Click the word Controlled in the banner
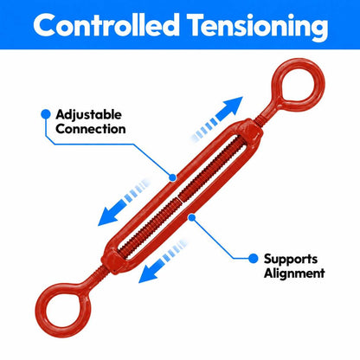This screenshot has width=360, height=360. tap(106, 24)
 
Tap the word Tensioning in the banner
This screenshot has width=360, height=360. tap(259, 27)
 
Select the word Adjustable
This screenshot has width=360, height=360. tap(88, 115)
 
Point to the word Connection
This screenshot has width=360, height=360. tap(91, 129)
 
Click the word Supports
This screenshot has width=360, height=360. tap(291, 260)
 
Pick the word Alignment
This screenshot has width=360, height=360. tap(294, 273)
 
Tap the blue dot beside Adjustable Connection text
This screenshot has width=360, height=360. tap(46, 114)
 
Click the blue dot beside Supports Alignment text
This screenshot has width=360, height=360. tap(253, 259)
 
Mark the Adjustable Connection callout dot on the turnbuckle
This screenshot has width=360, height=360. tap(172, 177)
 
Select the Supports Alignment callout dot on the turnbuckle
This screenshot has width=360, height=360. tap(192, 217)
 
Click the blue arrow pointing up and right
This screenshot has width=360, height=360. tap(216, 119)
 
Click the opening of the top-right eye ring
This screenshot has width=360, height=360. tap(298, 85)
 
